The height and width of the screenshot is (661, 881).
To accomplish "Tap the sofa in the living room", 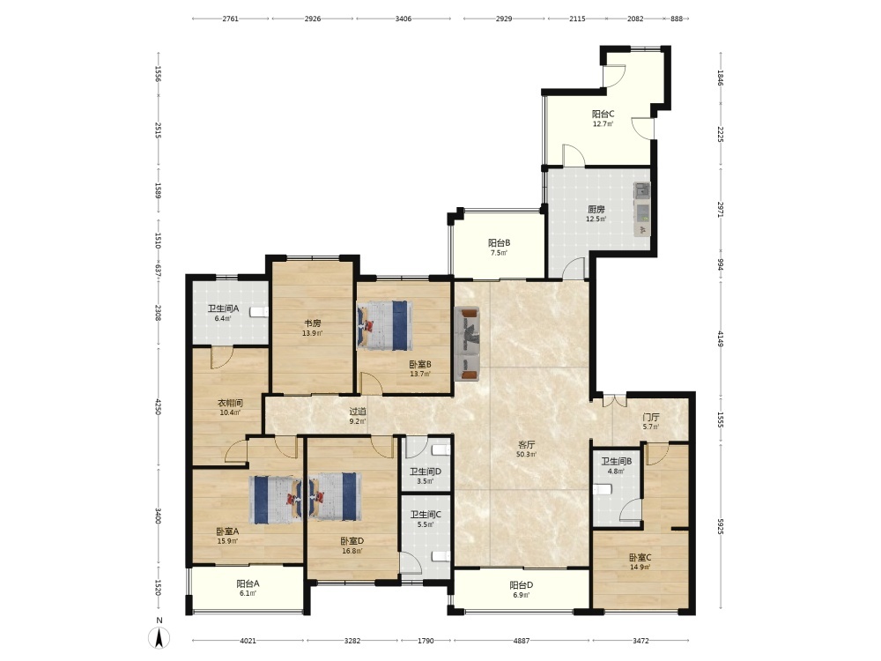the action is pos(467,344).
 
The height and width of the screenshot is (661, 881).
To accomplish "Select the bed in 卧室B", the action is pos(384,325).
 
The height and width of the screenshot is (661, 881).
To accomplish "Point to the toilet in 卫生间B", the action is pos(602,489).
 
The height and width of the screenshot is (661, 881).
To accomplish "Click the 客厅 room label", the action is pos(526,444).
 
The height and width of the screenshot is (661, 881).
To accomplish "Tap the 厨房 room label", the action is pos(596,210).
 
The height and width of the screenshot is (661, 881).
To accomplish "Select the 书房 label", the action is pos(313,323).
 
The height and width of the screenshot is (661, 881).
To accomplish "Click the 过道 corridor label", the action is pos(358,412).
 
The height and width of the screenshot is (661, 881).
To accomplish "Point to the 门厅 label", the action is pos(651,417).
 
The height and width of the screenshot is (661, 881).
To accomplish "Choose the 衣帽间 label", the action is pos(230,403).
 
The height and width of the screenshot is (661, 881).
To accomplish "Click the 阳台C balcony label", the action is pos(603,114).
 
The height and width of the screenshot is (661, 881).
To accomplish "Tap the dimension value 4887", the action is pos(522,640).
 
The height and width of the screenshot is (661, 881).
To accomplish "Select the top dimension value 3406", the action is pos(403,19).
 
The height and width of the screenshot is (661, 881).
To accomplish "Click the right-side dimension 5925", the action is pos(721,526).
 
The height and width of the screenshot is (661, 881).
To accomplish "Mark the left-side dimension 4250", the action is pos(159,407).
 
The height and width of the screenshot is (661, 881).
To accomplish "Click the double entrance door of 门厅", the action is pos(615,400).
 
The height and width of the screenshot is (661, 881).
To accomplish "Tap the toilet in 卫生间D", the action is pos(441,450).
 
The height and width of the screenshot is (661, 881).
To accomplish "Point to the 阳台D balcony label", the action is pos(522,584).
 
